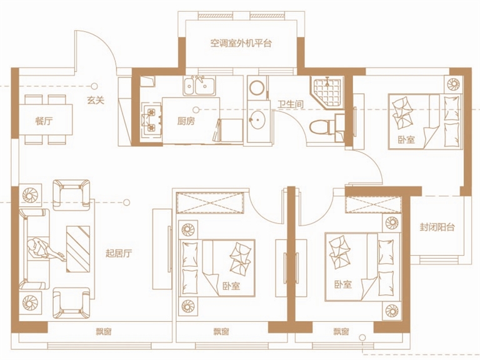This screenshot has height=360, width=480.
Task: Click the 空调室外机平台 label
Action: coord(241,43)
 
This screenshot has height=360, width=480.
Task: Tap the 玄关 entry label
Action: coord(96,100)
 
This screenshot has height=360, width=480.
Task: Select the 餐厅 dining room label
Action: coord(44,121)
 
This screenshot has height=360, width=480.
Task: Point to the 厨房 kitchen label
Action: coord(186,121)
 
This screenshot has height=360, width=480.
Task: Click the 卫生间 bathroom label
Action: coord(291,104)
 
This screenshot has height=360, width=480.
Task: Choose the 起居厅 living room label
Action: coord(119,254)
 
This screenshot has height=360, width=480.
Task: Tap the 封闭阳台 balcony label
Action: coord(437,227)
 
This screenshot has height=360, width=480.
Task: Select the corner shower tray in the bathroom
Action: coord(327,91)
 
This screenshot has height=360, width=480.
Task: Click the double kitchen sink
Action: coord(199,86)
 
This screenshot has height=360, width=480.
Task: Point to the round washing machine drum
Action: coord(257,87)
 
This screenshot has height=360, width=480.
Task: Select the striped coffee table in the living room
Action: coord(77,249)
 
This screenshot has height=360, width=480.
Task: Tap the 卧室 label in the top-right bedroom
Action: coord(406,139)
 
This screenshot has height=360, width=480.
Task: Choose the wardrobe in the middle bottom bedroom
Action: coord(210,202)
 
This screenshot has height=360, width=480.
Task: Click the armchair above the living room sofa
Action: coord(71,195)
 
